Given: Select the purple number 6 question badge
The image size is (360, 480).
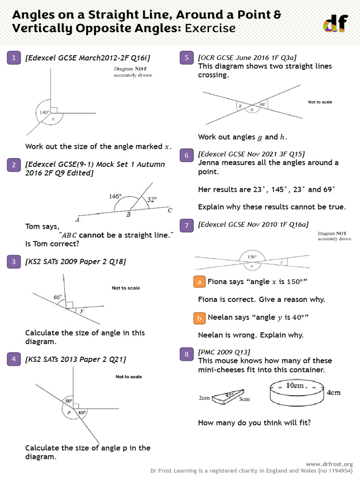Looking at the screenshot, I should tap(187, 155).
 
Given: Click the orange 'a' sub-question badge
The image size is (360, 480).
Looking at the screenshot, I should tap(200, 282).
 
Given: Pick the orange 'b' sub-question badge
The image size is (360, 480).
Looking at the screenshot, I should tap(200, 318).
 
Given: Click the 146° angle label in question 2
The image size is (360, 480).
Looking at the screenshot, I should tap(115, 197).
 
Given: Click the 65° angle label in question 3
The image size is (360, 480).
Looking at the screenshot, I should tap(58, 297).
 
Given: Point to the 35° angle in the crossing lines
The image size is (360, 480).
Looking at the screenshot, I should tap(262, 105).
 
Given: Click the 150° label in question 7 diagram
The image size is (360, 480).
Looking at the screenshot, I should tap(252, 257).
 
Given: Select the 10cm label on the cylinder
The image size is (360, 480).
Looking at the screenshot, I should tap(296, 386).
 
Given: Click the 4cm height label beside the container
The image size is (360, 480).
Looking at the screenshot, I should tap(333, 393).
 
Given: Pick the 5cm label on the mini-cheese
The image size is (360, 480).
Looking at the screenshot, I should tap(244, 399).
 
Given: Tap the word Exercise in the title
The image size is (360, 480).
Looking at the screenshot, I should tap(210, 29).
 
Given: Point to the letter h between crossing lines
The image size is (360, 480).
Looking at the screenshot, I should tap(252, 110).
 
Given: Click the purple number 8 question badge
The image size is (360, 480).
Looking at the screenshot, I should tap(187, 354).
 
